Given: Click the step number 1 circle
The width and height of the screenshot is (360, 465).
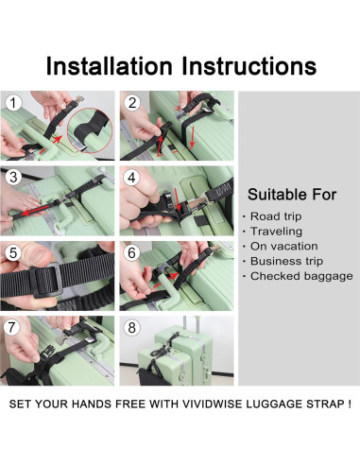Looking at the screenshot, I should (x=13, y=102).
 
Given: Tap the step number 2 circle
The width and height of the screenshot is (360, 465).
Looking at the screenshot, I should (x=131, y=102).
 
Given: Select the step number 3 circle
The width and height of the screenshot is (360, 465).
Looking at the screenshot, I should (x=13, y=176).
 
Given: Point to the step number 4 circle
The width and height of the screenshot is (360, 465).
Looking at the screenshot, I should (x=131, y=176).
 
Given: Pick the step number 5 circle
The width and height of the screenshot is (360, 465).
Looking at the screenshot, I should (x=13, y=251).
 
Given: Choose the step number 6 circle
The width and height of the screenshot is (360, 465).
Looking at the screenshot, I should (x=131, y=251).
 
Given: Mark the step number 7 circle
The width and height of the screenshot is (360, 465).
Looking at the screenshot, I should (x=13, y=326).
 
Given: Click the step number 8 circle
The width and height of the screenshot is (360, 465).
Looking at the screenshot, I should (x=131, y=326).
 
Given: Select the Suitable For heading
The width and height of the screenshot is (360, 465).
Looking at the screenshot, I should (x=292, y=195).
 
